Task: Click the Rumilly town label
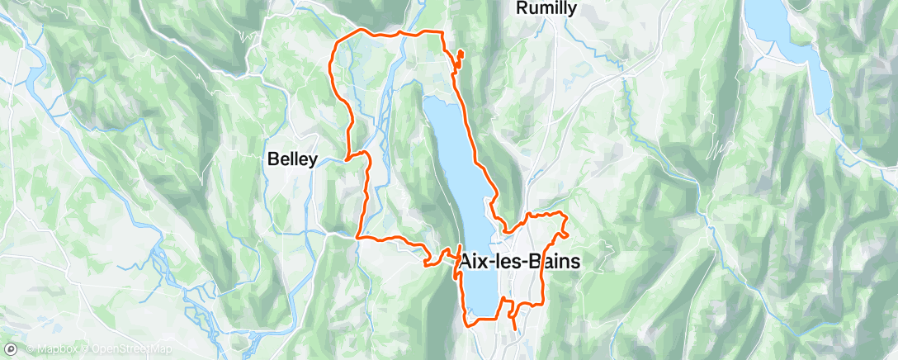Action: pyautogui.click(x=546, y=8)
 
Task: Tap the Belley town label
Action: pyautogui.click(x=292, y=161)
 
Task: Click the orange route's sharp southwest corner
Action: pyautogui.click(x=358, y=238)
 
